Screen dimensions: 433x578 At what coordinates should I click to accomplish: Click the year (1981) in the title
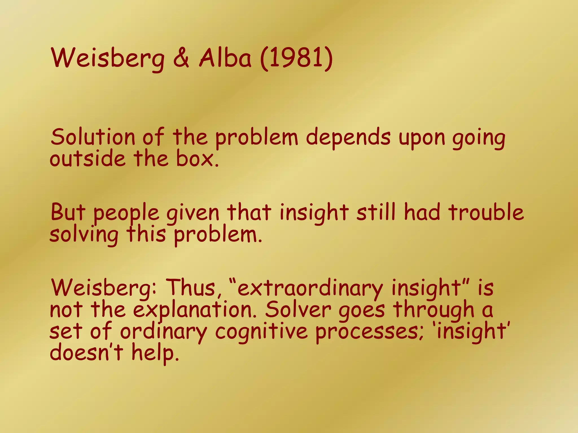(296, 59)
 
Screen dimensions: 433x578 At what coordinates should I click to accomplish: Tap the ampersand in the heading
(181, 59)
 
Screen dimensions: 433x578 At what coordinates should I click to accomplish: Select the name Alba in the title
(225, 59)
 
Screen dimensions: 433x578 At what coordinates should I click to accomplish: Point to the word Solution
(93, 137)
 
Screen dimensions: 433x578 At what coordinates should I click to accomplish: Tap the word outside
(87, 158)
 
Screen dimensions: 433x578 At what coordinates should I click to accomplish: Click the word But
(68, 212)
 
